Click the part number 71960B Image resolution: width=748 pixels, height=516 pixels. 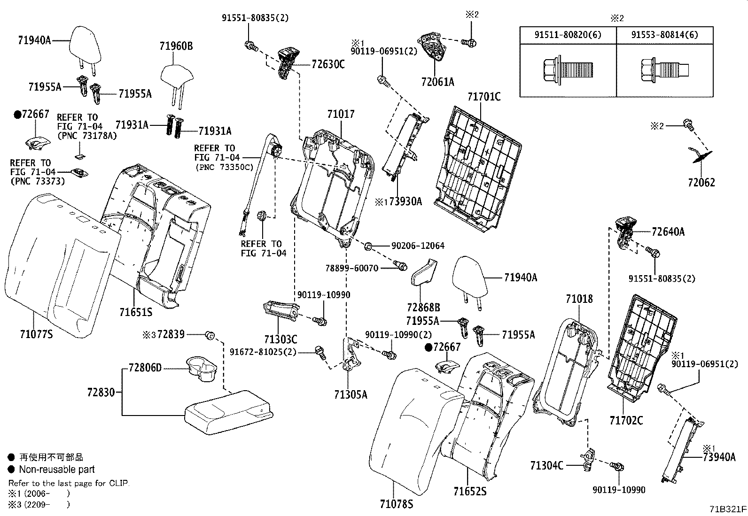click(x=176, y=46)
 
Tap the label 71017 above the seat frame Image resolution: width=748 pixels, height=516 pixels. click(x=341, y=114)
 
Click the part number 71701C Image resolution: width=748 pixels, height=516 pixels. click(x=484, y=97)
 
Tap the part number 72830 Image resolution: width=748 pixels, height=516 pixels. click(x=101, y=392)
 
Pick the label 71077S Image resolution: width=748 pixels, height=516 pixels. click(x=37, y=334)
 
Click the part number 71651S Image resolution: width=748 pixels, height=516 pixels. click(x=135, y=312)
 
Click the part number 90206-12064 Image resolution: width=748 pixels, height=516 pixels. click(x=418, y=246)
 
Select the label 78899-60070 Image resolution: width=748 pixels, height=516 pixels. click(x=351, y=268)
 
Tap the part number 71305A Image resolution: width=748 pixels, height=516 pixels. click(x=351, y=395)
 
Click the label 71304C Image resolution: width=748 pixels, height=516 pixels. click(x=546, y=465)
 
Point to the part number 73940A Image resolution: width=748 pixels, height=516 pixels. click(x=719, y=457)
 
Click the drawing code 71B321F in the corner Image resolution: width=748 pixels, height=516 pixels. click(x=728, y=509)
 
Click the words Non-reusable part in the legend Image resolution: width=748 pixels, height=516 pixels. click(x=57, y=469)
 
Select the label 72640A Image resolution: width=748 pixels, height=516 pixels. click(x=668, y=231)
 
